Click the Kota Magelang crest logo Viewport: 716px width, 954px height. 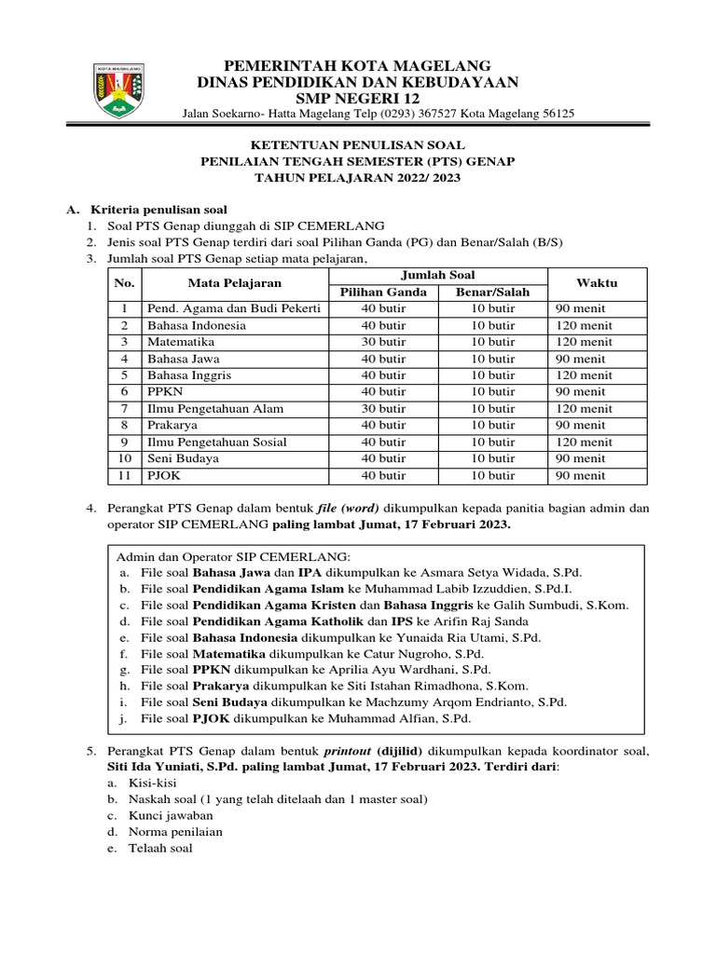117,90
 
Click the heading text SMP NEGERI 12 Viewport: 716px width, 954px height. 357,99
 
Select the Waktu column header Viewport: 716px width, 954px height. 596,282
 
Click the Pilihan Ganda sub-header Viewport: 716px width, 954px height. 383,292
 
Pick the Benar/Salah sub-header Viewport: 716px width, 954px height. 492,292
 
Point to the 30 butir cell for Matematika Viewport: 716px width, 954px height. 383,342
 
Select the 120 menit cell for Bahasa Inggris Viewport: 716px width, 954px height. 582,375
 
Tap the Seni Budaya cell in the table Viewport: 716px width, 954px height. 184,459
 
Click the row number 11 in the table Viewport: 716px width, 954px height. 122,476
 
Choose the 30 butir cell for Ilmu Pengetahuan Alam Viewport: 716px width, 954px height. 383,409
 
